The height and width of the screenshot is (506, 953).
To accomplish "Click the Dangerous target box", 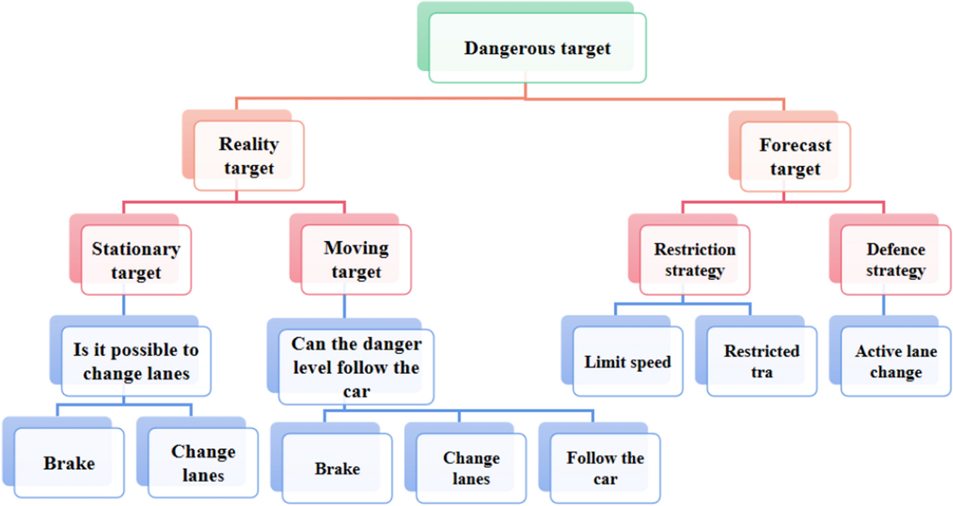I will [x=537, y=48].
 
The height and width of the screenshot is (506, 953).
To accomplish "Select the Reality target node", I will [x=248, y=156].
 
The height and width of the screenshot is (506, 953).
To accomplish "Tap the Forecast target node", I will [x=795, y=156].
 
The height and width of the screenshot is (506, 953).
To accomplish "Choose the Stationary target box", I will [x=136, y=260].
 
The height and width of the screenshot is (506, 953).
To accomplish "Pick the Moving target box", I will [x=356, y=259].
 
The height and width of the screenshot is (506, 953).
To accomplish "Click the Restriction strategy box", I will [x=694, y=259].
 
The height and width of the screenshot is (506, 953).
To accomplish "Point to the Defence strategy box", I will [x=895, y=259].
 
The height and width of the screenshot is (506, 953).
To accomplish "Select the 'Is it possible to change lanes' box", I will [x=135, y=362].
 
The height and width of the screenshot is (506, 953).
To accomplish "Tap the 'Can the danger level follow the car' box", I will [x=356, y=367].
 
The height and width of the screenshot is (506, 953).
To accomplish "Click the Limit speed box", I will [x=627, y=362].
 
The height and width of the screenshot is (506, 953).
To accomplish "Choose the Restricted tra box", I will [x=761, y=361].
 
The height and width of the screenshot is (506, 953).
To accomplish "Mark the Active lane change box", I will [x=895, y=361].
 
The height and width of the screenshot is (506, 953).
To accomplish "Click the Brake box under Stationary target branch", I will [x=69, y=463].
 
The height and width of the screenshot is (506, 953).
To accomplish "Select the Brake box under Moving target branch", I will [x=337, y=468].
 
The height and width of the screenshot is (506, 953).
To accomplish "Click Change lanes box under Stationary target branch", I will [x=203, y=462].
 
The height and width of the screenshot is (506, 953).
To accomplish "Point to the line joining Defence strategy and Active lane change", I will [x=884, y=306].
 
